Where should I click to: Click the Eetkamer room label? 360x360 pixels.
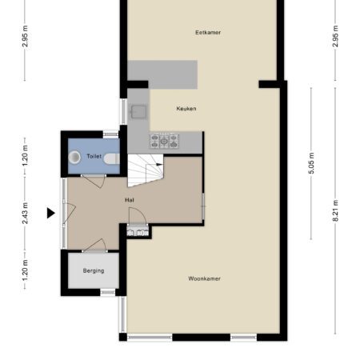[x=208, y=33]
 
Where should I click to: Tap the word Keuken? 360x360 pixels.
[x=186, y=109]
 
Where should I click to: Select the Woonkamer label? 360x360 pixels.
[x=205, y=278]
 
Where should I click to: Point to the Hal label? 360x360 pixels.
[x=130, y=200]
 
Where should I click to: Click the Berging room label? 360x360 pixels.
[x=94, y=270]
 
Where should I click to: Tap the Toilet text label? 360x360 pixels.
[x=94, y=156]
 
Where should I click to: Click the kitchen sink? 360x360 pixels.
[x=138, y=111]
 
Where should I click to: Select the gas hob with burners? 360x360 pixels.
[x=164, y=141]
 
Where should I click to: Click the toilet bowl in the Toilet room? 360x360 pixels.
[x=111, y=159]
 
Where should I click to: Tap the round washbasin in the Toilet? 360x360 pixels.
[x=74, y=157]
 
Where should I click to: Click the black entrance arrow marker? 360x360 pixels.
[x=50, y=213]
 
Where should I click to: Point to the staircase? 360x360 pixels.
[x=146, y=170]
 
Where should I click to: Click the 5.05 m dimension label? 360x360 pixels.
[x=311, y=163]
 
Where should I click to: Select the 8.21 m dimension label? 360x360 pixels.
[x=336, y=210]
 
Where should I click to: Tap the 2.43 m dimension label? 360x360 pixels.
[x=25, y=214]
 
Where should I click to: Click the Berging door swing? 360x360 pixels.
[x=94, y=246]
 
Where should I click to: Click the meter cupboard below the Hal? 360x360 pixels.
[x=138, y=232]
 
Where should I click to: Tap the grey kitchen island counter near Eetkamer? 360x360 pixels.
[x=162, y=74]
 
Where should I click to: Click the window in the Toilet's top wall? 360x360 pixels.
[x=110, y=134]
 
